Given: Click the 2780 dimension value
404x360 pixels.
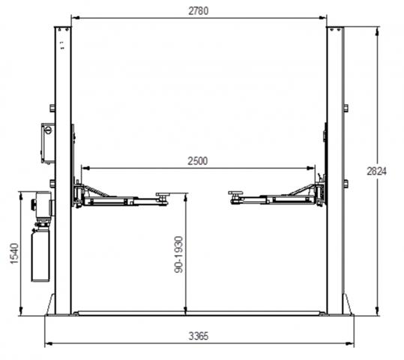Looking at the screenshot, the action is click(x=198, y=11).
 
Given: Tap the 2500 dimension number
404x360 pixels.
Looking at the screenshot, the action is click(x=198, y=161).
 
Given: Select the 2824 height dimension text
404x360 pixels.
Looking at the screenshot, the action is click(x=377, y=171).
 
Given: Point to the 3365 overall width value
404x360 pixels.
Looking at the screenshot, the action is click(x=198, y=336).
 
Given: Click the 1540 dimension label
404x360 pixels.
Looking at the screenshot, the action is click(x=14, y=253).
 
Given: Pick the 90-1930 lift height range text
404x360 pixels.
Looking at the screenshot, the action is click(x=178, y=254).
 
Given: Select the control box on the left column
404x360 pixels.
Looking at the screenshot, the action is click(x=48, y=143).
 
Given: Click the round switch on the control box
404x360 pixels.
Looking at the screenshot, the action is click(x=48, y=130).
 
